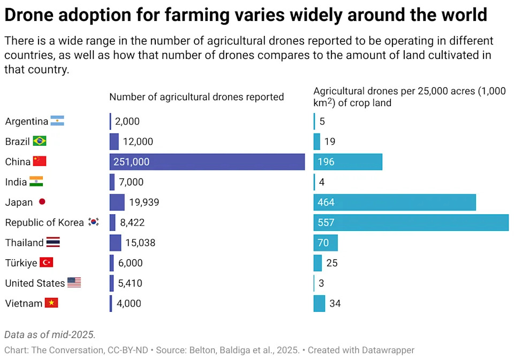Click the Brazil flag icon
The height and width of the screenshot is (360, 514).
point(39,141)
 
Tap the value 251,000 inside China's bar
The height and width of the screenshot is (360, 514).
point(131,162)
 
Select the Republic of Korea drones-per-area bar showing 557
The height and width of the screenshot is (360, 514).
point(411,222)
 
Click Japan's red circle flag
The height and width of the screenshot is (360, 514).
point(42,202)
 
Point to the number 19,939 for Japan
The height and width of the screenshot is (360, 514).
point(144,202)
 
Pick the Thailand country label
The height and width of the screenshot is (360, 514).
point(24,243)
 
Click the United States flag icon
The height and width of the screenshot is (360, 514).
point(74,283)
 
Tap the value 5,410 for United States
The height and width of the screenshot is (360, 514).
point(130,283)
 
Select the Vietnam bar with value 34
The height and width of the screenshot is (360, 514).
point(319,303)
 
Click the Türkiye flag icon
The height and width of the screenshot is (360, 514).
point(46,262)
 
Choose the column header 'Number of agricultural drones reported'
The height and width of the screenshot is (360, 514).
point(196,97)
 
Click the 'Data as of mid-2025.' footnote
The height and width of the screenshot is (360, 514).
point(50,335)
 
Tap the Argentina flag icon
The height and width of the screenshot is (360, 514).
point(57,121)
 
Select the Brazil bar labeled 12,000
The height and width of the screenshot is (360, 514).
point(114,141)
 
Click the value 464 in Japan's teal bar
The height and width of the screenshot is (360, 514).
point(326,202)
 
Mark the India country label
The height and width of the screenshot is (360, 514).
point(16,182)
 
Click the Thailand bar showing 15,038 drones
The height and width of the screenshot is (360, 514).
point(115,243)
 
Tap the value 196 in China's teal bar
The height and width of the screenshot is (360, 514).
point(326,162)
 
